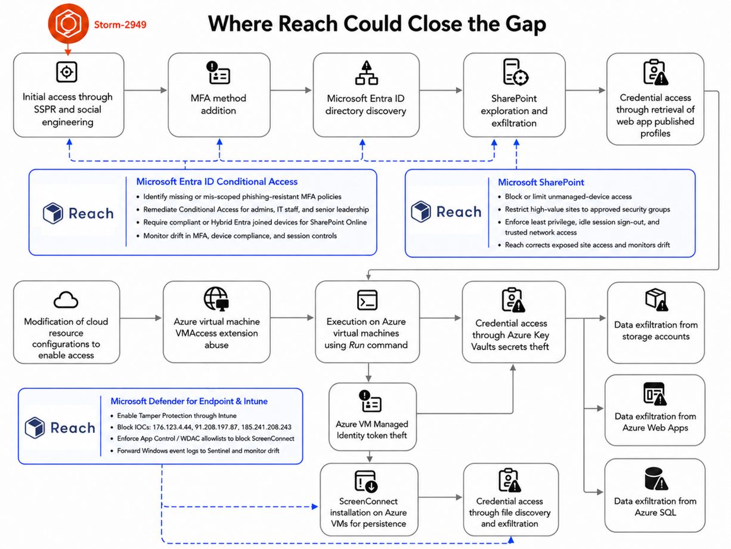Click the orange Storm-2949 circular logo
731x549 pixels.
tap(69, 24)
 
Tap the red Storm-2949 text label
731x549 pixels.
tap(120, 24)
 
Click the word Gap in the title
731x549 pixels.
tap(525, 24)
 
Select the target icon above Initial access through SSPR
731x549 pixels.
tap(67, 72)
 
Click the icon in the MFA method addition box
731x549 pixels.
tap(218, 73)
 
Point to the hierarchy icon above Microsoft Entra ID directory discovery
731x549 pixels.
tap(366, 73)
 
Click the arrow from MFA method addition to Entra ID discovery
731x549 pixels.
tap(291, 90)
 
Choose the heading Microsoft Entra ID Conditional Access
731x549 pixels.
tap(217, 182)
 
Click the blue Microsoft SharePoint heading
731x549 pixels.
tap(541, 182)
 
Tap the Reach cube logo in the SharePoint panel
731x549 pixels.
tap(420, 211)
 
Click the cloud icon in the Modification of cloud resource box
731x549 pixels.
tap(66, 300)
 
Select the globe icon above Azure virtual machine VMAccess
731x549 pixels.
tap(216, 299)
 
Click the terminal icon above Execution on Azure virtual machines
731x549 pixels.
tap(367, 300)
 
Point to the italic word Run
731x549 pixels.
tap(357, 345)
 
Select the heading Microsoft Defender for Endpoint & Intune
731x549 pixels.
tap(189, 401)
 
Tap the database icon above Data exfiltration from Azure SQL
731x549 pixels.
tap(656, 479)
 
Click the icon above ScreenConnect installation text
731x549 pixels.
tap(366, 481)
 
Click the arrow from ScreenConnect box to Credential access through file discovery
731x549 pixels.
tap(440, 497)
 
